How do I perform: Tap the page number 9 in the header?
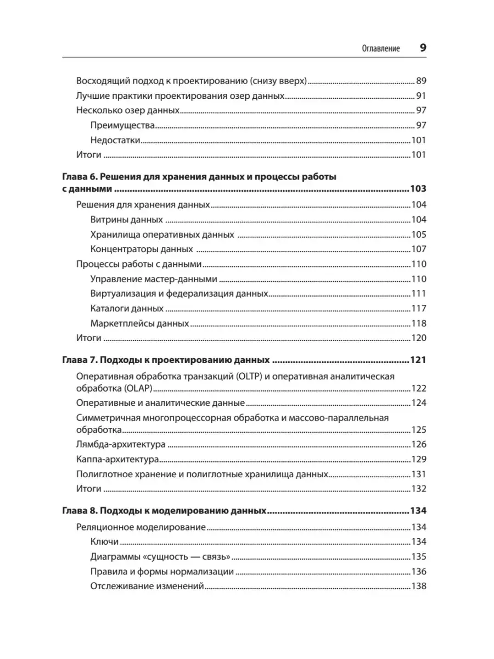pos(423,48)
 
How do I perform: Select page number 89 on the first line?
pos(421,80)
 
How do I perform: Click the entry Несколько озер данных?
pos(128,110)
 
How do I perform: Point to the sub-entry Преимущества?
pos(122,125)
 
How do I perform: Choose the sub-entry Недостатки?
pos(115,139)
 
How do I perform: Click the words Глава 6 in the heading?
pos(76,177)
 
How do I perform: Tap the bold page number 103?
pos(418,189)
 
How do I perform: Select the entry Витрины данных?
pos(126,220)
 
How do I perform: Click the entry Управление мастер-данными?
pos(153,279)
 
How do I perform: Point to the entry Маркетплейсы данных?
pos(139,323)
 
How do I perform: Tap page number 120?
pos(419,338)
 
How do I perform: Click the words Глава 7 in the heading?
pos(76,361)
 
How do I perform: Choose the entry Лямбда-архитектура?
pos(121,444)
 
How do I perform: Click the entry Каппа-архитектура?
pos(118,459)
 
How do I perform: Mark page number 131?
pos(419,474)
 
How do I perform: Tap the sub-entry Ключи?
pos(104,541)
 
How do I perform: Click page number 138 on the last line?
pos(419,586)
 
